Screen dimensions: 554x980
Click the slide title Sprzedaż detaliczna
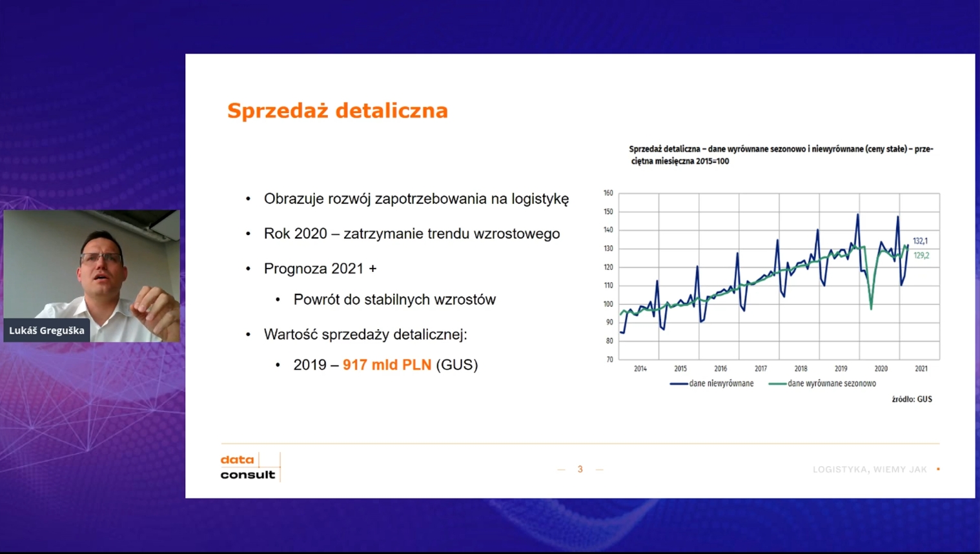(337, 110)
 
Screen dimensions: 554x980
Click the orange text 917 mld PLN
(387, 365)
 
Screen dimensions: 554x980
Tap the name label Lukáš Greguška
(46, 331)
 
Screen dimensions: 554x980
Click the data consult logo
(249, 467)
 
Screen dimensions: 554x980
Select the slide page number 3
(580, 469)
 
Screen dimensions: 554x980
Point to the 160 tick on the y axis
(608, 193)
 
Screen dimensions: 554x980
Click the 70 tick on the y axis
(609, 359)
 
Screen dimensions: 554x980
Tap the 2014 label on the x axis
(640, 369)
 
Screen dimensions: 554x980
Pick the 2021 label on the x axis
(921, 369)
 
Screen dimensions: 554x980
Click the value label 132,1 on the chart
(920, 241)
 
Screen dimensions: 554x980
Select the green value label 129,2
(921, 256)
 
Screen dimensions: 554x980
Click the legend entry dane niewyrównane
(720, 384)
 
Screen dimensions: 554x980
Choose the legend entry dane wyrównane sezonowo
(832, 384)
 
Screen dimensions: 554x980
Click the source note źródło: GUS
(912, 399)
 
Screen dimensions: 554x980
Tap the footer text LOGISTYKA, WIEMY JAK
(870, 469)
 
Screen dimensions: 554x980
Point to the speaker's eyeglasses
(101, 258)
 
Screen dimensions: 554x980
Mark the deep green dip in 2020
(871, 306)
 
